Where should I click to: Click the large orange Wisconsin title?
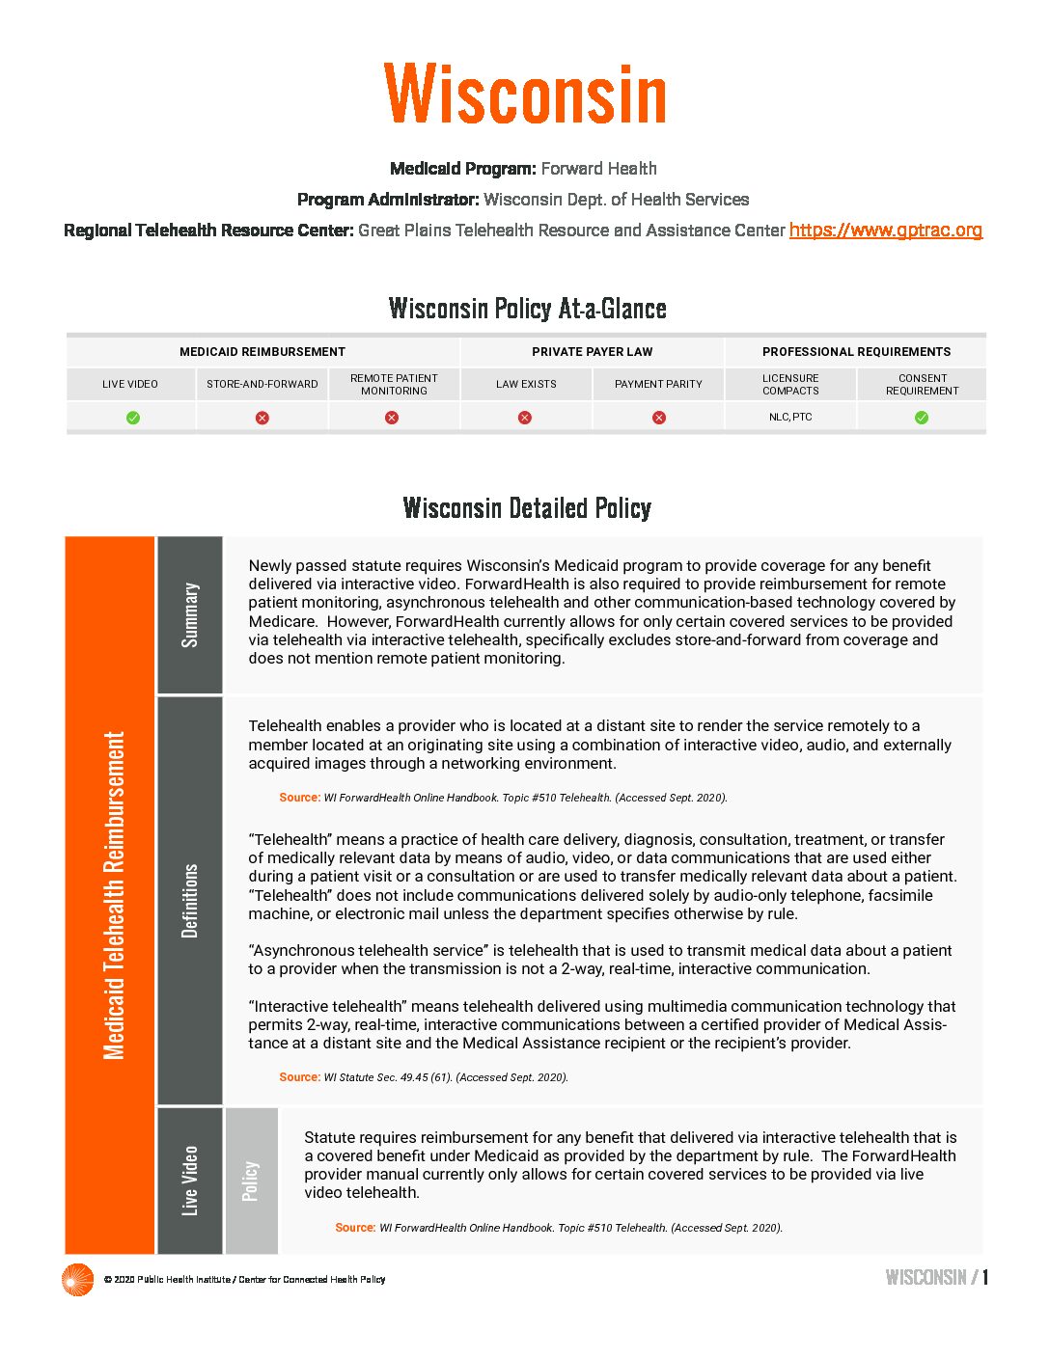[x=525, y=94]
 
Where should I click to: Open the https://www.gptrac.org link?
[x=885, y=231]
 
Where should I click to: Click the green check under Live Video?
[x=133, y=418]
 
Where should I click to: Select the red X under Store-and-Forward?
[x=262, y=418]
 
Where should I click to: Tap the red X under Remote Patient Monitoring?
[x=392, y=418]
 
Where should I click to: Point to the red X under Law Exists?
[x=525, y=418]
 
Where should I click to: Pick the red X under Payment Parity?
[x=658, y=418]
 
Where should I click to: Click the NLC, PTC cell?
[x=790, y=417]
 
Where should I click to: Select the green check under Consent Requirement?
[x=922, y=418]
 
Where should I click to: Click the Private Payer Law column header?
[x=592, y=352]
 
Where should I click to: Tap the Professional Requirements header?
[x=856, y=352]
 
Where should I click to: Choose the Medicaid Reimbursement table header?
[x=262, y=352]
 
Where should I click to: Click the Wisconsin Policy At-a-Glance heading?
[x=527, y=309]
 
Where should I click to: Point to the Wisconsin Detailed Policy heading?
[x=527, y=508]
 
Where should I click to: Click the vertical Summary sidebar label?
[x=190, y=614]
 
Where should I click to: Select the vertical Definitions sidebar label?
[x=190, y=900]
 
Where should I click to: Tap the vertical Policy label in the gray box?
[x=251, y=1181]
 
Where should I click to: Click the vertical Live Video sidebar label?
[x=190, y=1181]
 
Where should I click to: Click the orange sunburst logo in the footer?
[x=77, y=1279]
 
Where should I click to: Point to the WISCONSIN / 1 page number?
[x=936, y=1278]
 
